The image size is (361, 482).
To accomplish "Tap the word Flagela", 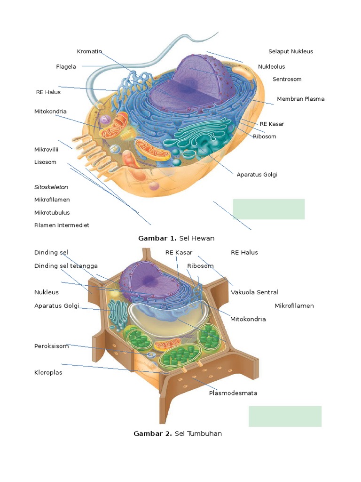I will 66,67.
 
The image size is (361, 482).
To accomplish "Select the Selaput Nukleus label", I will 290,51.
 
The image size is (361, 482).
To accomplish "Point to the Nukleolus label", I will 271,67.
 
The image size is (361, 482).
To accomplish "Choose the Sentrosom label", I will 287,80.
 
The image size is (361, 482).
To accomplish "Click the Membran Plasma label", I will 300,99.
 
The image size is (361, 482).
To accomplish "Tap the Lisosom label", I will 45,162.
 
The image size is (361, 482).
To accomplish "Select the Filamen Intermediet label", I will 62,225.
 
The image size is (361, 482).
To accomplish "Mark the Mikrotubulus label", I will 52,212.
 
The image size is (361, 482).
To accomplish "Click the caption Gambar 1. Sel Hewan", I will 176,238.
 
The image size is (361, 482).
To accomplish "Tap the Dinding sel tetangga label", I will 66,266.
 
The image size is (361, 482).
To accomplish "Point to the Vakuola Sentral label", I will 254,292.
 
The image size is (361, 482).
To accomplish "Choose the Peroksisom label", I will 51,346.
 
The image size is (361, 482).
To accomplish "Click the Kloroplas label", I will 48,372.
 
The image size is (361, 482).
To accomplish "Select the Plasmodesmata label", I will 233,393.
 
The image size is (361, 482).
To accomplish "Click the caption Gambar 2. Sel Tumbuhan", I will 178,434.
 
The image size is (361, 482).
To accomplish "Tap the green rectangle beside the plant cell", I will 285,416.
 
